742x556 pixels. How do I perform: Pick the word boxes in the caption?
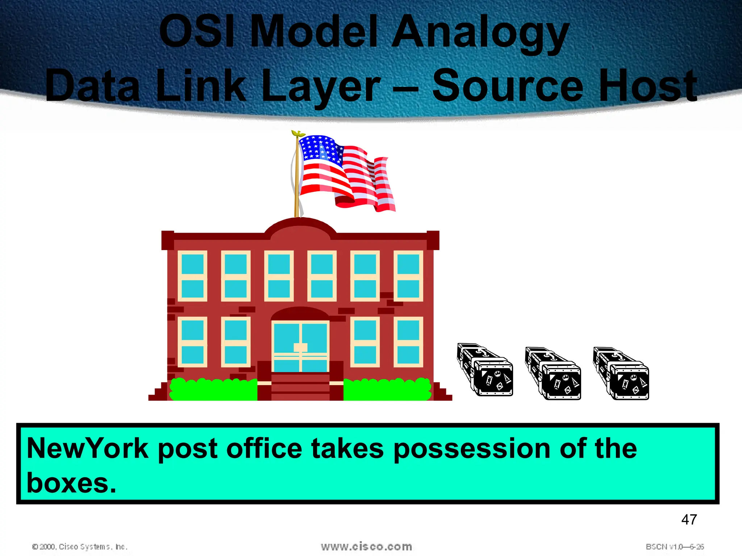click(x=71, y=483)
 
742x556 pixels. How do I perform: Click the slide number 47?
click(x=689, y=520)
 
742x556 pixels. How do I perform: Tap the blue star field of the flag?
click(x=321, y=148)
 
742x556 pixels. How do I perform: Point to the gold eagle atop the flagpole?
click(x=298, y=134)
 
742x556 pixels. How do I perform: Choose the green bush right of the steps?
click(x=387, y=389)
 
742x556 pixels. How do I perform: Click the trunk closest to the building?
click(x=485, y=370)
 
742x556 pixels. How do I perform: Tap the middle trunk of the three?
click(x=553, y=374)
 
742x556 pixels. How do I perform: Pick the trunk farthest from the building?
click(x=621, y=374)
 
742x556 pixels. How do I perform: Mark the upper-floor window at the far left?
click(x=192, y=276)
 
